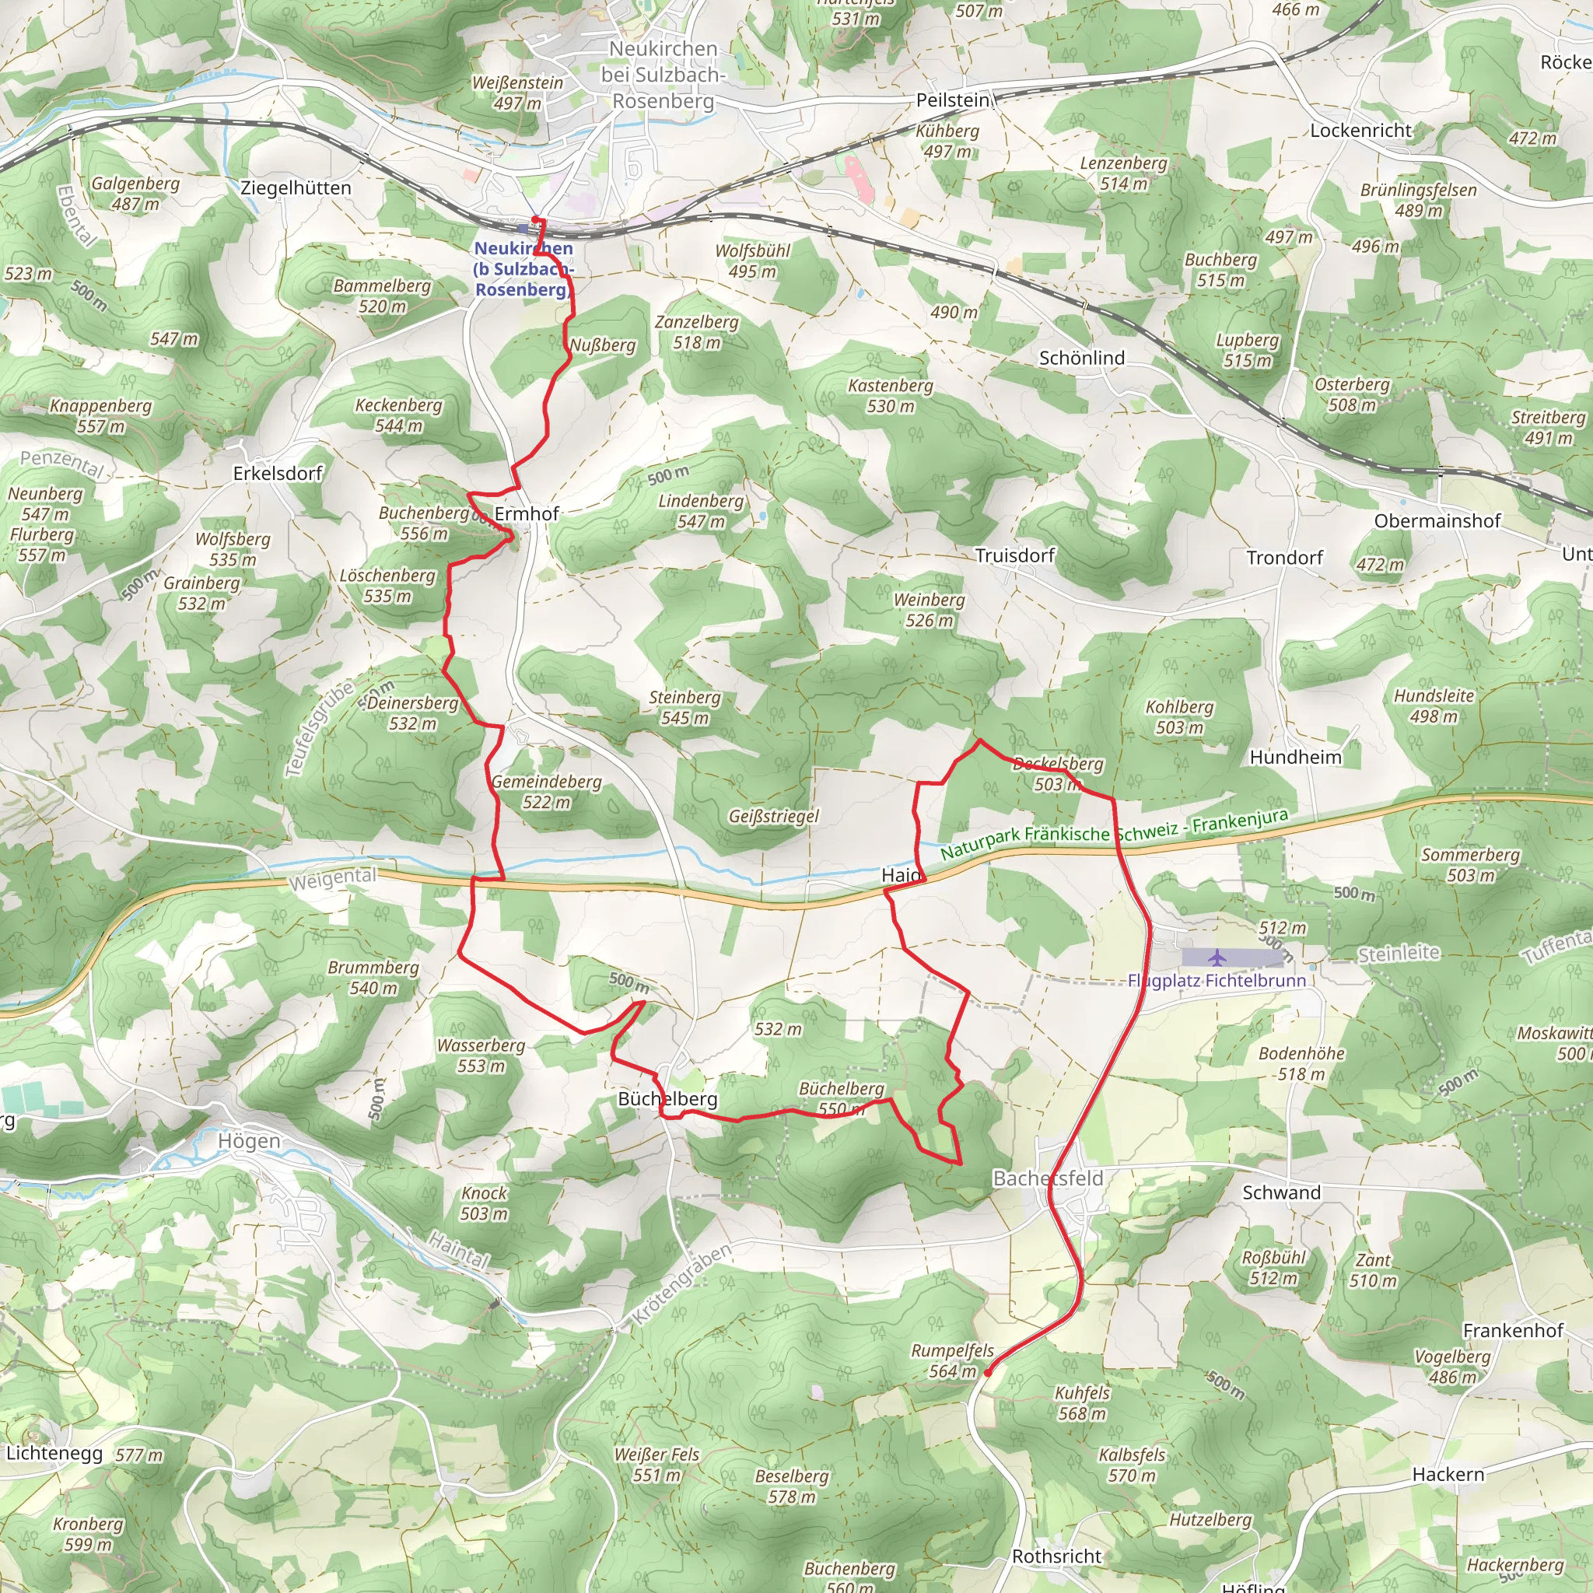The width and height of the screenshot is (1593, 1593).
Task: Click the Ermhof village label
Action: (x=526, y=513)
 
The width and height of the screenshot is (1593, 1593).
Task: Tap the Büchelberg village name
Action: (x=667, y=1099)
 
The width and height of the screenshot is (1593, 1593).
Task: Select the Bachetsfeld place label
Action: (x=1047, y=1178)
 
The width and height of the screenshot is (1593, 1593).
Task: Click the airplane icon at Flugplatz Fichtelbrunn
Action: (x=1217, y=958)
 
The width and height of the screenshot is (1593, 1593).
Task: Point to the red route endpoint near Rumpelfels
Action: (x=987, y=1373)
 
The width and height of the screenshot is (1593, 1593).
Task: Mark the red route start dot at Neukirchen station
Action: (x=535, y=219)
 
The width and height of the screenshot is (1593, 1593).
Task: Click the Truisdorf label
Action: (x=1014, y=555)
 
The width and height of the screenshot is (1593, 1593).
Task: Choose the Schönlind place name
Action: (x=1081, y=358)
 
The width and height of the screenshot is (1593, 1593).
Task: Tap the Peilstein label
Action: (x=952, y=100)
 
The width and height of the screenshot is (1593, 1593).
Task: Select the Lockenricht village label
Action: (x=1360, y=129)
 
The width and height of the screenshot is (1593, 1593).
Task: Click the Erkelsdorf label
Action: (x=277, y=473)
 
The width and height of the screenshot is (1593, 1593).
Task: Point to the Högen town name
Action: (x=249, y=1141)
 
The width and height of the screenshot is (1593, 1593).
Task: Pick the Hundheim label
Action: (x=1295, y=757)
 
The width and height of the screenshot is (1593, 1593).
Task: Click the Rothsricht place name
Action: (x=1056, y=1556)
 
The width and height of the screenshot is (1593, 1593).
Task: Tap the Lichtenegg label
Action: (x=54, y=1453)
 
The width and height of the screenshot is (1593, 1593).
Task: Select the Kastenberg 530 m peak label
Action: (x=891, y=396)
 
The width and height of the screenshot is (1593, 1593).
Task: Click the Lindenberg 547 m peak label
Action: (x=701, y=511)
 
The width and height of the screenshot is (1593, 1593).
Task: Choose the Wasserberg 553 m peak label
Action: (x=481, y=1056)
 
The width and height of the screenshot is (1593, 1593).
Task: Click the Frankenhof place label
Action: (x=1512, y=1330)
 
